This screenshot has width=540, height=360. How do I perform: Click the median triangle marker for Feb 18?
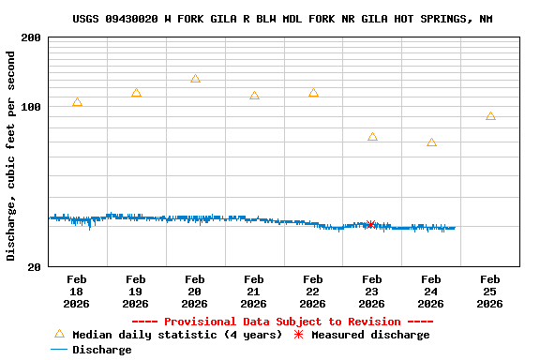(77, 102)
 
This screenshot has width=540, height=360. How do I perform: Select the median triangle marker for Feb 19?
(136, 93)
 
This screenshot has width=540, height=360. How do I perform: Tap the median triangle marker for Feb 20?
(195, 79)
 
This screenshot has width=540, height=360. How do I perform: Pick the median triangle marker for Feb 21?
(254, 96)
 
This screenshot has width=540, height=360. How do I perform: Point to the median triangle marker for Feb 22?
(313, 93)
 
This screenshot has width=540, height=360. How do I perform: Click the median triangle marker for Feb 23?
(372, 137)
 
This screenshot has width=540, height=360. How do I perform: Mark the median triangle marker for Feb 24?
(431, 142)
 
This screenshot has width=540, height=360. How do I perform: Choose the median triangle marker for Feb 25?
(490, 116)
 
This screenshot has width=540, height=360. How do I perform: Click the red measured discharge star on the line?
(370, 224)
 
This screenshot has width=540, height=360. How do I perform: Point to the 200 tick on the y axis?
(31, 37)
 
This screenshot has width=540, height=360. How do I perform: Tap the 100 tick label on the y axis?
(31, 107)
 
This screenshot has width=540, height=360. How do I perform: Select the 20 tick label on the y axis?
(34, 267)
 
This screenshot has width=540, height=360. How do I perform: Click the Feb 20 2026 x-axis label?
(195, 292)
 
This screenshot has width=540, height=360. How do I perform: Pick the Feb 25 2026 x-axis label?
(490, 292)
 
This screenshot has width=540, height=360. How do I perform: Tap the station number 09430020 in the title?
(135, 19)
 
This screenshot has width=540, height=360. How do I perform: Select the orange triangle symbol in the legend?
(59, 334)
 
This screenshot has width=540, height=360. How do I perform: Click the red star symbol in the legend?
(299, 335)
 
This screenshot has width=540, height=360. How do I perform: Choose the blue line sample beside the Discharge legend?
(59, 350)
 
